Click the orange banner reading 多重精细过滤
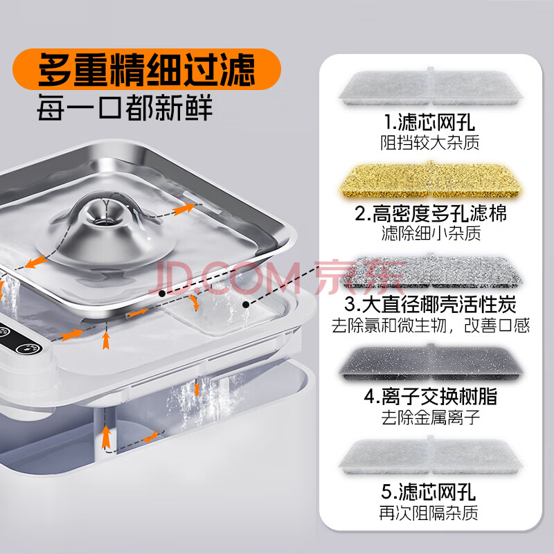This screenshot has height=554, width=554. tap(146, 69)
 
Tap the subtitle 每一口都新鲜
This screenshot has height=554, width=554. tap(125, 107)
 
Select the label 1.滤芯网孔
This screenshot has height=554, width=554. tap(429, 123)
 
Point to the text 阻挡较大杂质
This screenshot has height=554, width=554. tap(429, 143)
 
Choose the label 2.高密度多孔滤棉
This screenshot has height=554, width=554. tap(430, 213)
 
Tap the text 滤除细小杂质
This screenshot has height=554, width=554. tap(431, 233)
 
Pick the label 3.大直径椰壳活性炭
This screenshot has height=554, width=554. tap(430, 305)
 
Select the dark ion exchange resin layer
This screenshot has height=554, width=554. tap(430, 363)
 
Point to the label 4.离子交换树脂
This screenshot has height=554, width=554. tap(430, 396)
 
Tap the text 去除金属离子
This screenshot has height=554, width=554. tap(430, 418)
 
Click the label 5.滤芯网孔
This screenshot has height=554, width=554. tap(428, 492)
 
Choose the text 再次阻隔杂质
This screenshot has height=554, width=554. tap(429, 513)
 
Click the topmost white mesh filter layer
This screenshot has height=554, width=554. tap(430, 87)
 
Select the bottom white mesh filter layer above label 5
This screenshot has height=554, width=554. tap(430, 456)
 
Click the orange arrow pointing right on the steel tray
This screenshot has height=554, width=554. tap(184, 209)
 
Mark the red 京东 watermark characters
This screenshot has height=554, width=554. tap(359, 278)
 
